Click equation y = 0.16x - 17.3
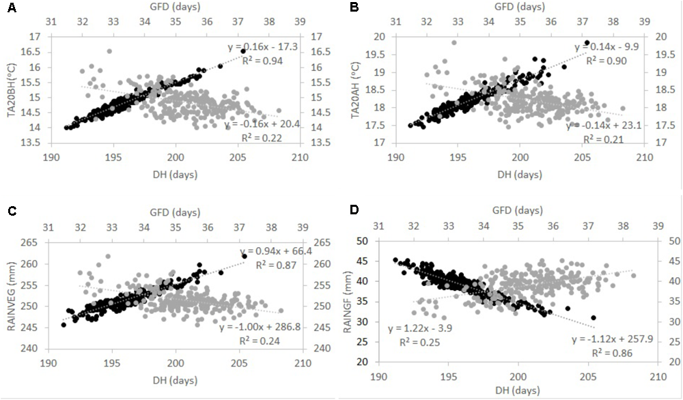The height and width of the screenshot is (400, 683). pyautogui.click(x=262, y=47)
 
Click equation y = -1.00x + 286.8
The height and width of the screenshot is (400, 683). pyautogui.click(x=257, y=328)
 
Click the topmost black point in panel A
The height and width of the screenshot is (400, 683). pyautogui.click(x=243, y=51)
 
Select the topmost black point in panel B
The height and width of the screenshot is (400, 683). pyautogui.click(x=587, y=42)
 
